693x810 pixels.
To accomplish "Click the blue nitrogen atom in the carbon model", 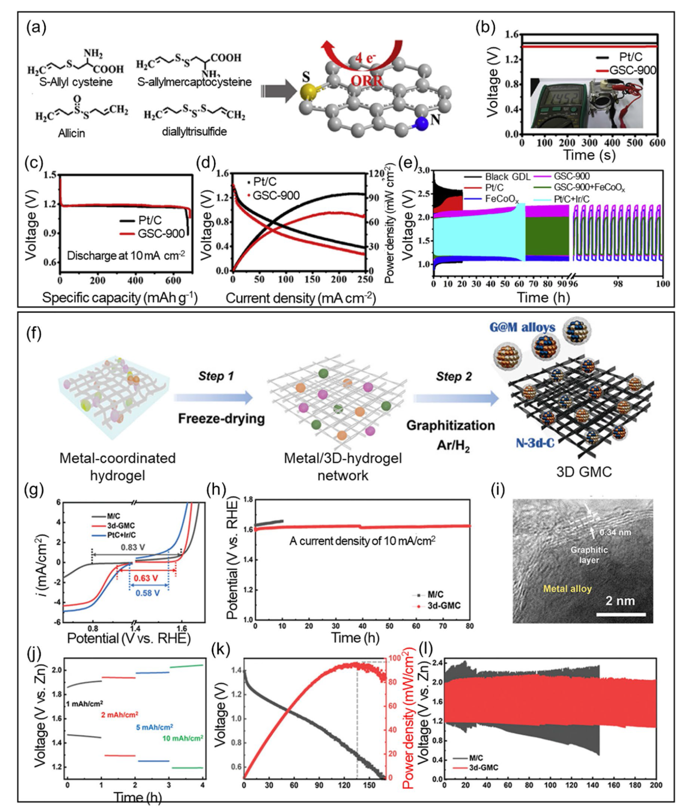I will point(421,124).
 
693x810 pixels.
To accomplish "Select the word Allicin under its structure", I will point(71,133).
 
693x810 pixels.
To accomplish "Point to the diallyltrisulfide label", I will point(194,132).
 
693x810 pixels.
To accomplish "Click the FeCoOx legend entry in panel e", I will point(501,199).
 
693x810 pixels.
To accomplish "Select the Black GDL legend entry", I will point(507,176).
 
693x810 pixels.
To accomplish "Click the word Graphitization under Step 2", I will point(451,425).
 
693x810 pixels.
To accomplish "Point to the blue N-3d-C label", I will point(535,443).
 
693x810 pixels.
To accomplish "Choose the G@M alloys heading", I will point(522,327).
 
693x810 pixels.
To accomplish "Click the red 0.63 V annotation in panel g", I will point(146,578).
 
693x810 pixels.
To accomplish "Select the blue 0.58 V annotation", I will point(147,593).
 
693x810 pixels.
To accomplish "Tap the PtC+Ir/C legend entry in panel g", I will point(121,535).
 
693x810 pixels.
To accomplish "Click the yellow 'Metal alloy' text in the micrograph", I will point(567,588).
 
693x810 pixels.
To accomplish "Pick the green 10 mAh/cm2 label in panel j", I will point(183,738).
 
